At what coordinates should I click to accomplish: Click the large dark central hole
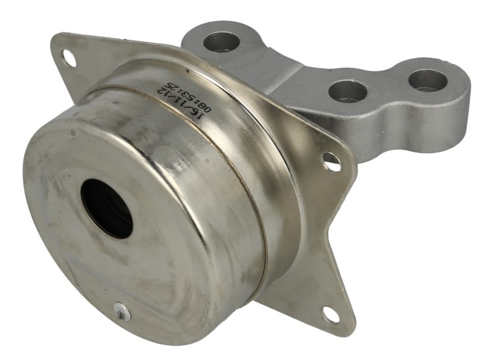click(107, 209)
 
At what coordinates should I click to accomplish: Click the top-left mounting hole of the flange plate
click(69, 58)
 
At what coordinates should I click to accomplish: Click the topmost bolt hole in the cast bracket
click(221, 42)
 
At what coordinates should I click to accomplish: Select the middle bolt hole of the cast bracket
click(348, 91)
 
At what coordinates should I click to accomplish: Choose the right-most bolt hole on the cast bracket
click(428, 80)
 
